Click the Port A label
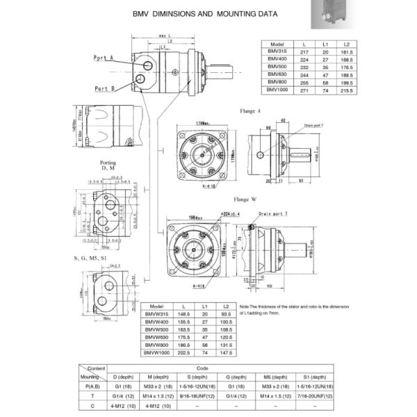point(104,58)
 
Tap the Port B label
point(104,88)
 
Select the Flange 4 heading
point(251,111)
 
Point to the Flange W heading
point(245,199)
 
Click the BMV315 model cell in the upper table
point(277,52)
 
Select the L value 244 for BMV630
point(304,74)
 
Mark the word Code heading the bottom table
point(203,368)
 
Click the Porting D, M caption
point(108,165)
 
